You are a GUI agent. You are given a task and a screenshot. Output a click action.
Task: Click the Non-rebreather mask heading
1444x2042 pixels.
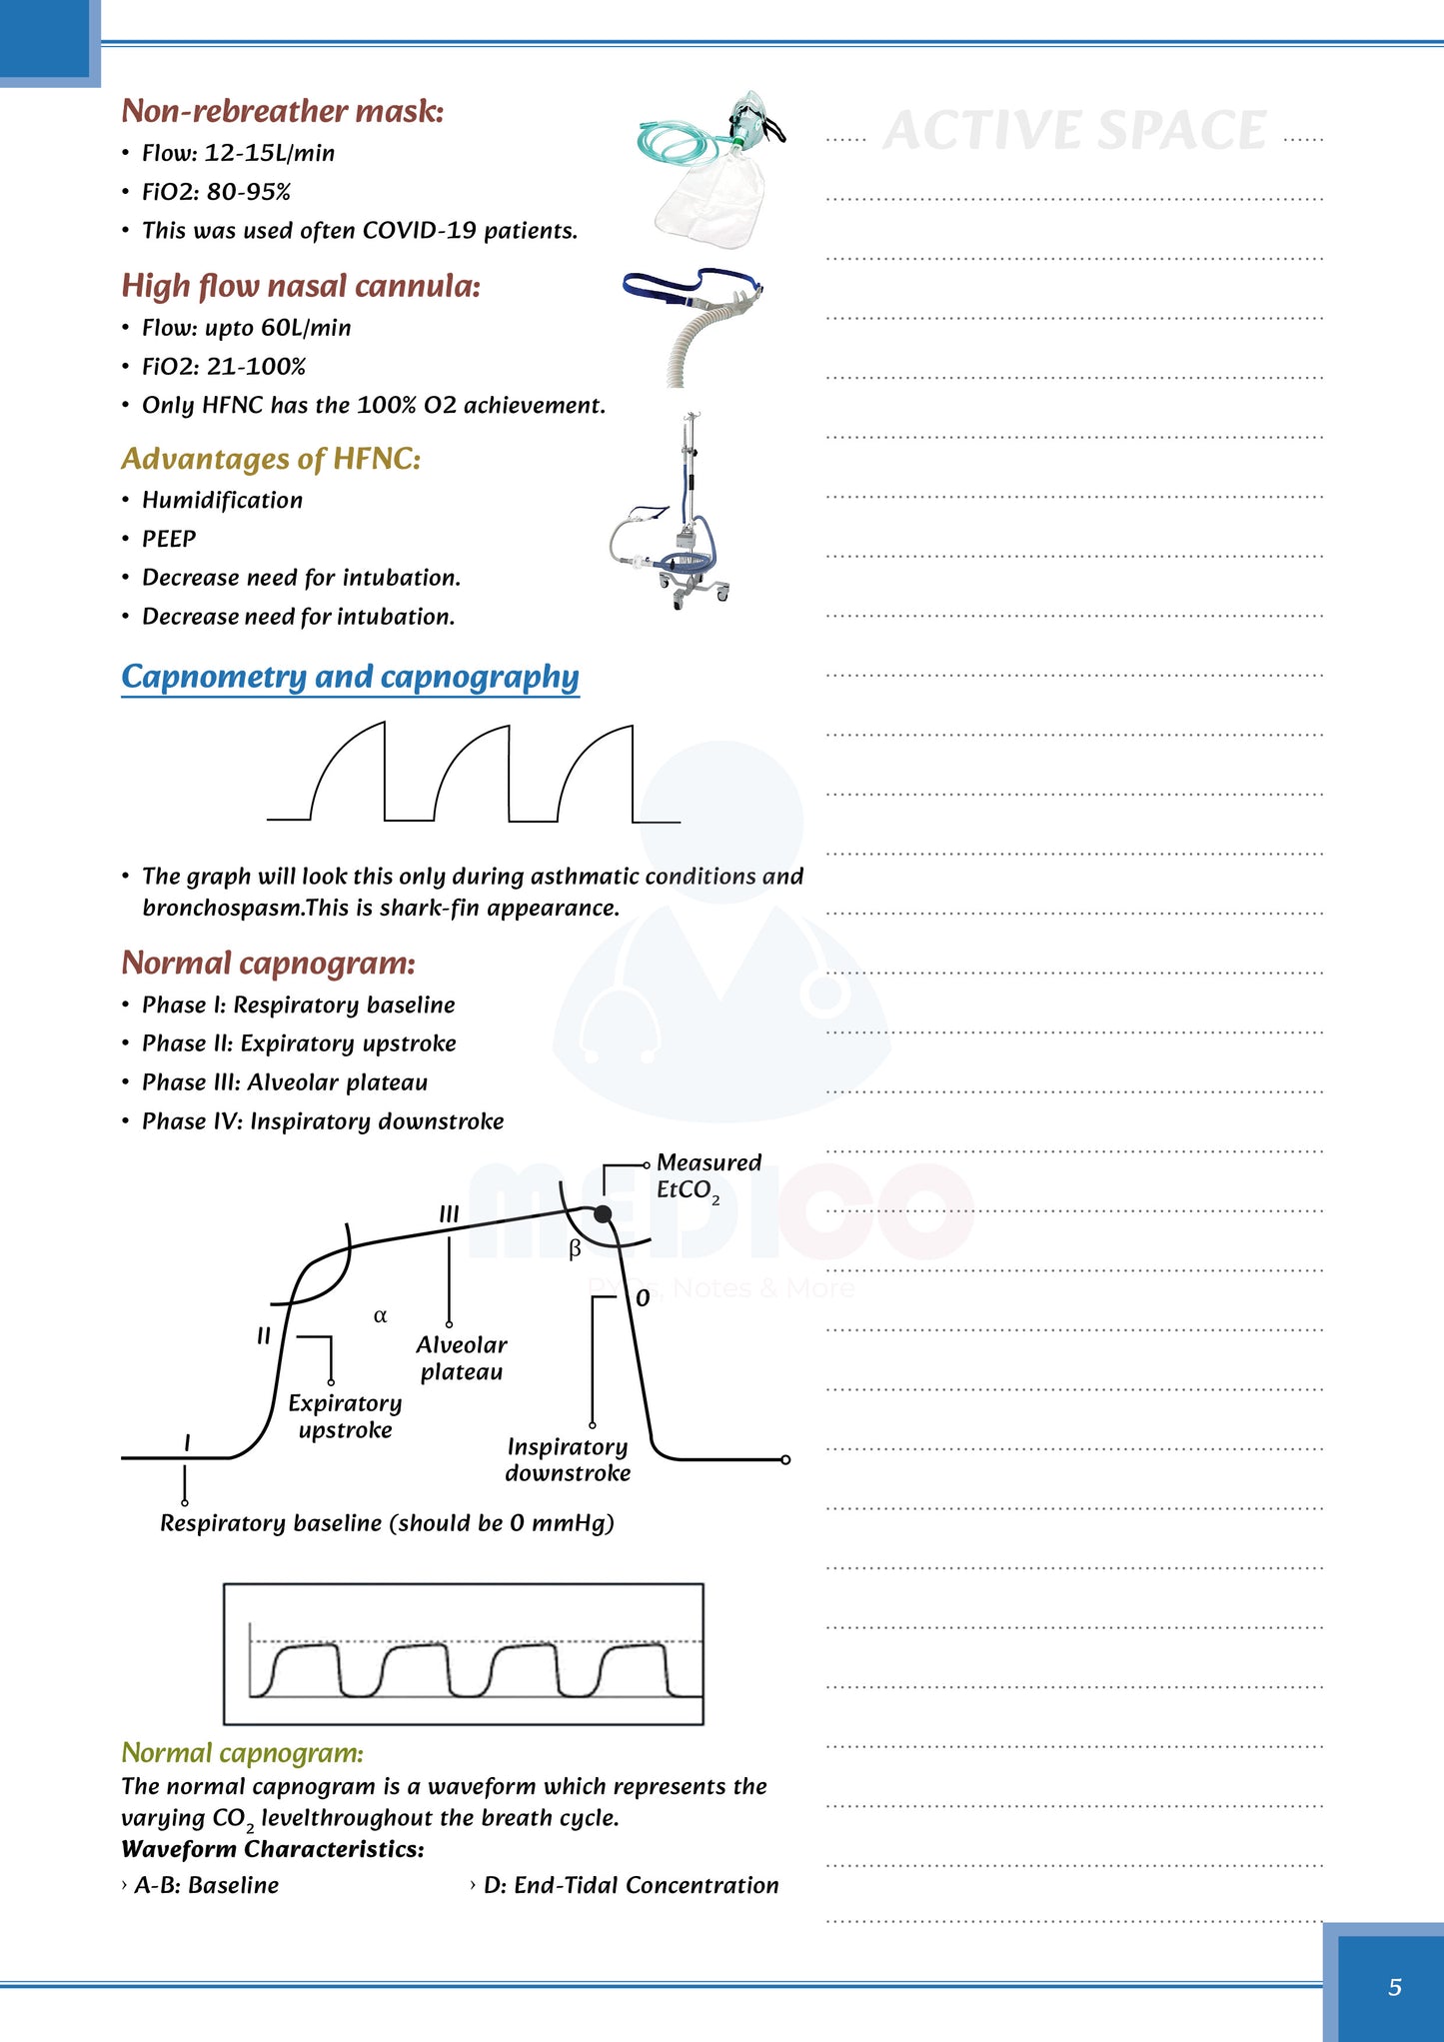(283, 111)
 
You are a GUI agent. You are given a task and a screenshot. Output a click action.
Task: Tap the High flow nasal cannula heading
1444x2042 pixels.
(301, 286)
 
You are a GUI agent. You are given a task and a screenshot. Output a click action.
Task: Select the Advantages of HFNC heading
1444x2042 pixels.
(271, 459)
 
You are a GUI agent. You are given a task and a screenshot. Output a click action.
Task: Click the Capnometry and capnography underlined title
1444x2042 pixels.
(350, 677)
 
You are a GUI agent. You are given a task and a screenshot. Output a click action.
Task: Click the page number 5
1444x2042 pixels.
(1394, 1986)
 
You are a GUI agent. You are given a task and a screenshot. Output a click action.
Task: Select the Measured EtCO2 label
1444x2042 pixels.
(709, 1176)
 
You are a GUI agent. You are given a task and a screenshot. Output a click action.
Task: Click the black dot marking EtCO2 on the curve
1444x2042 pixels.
(603, 1213)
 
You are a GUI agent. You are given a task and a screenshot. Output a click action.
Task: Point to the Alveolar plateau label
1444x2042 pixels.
(462, 1358)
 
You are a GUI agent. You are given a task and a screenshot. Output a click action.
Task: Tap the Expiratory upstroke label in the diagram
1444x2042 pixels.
(345, 1416)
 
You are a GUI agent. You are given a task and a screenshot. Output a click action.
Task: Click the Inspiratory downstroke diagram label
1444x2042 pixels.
(568, 1459)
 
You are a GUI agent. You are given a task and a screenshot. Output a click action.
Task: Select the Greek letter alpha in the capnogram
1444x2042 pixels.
(380, 1315)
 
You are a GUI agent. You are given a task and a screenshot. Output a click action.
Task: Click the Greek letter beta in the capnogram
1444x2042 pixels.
(575, 1248)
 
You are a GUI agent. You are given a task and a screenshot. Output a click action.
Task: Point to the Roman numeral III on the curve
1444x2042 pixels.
(449, 1213)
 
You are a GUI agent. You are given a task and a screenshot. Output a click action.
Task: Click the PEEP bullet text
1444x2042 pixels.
(169, 539)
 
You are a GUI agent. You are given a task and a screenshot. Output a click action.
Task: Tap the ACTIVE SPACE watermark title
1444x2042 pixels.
(1075, 131)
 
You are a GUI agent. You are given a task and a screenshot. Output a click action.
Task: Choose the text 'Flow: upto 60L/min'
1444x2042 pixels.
(247, 328)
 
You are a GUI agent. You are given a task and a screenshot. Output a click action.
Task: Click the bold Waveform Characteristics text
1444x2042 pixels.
(273, 1849)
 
